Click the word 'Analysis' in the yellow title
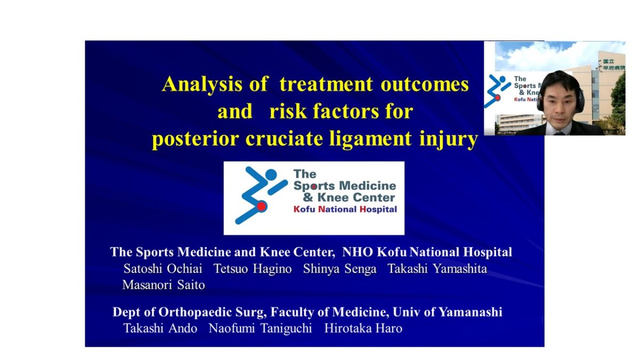click(x=202, y=85)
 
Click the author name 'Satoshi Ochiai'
click(x=163, y=269)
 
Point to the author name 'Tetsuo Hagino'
click(x=253, y=269)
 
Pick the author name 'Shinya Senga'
click(x=340, y=269)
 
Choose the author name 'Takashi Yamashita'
click(x=437, y=269)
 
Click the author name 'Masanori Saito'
click(x=164, y=285)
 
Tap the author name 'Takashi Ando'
click(x=161, y=329)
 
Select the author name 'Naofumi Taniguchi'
click(x=260, y=329)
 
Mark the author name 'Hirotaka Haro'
click(x=363, y=329)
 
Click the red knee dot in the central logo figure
click(x=261, y=206)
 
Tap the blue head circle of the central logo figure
click(x=271, y=174)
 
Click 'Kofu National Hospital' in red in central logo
click(x=345, y=210)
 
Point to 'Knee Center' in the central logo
click(x=356, y=197)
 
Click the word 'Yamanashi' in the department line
click(x=470, y=313)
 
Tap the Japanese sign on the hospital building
click(x=613, y=65)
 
